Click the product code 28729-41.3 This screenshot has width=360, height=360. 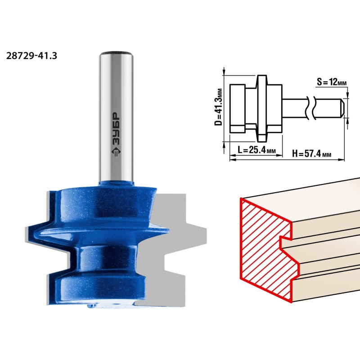tap(31, 56)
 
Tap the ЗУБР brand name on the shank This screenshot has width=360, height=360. tap(116, 129)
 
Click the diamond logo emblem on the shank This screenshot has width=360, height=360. tap(116, 152)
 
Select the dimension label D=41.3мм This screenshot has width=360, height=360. tap(218, 107)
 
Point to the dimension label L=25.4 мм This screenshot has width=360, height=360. tap(256, 150)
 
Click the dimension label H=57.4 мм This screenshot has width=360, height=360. tap(311, 153)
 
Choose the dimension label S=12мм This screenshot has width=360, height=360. tap(332, 82)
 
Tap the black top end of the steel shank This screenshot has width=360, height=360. tap(116, 53)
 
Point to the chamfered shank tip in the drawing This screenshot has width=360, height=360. tap(342, 108)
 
